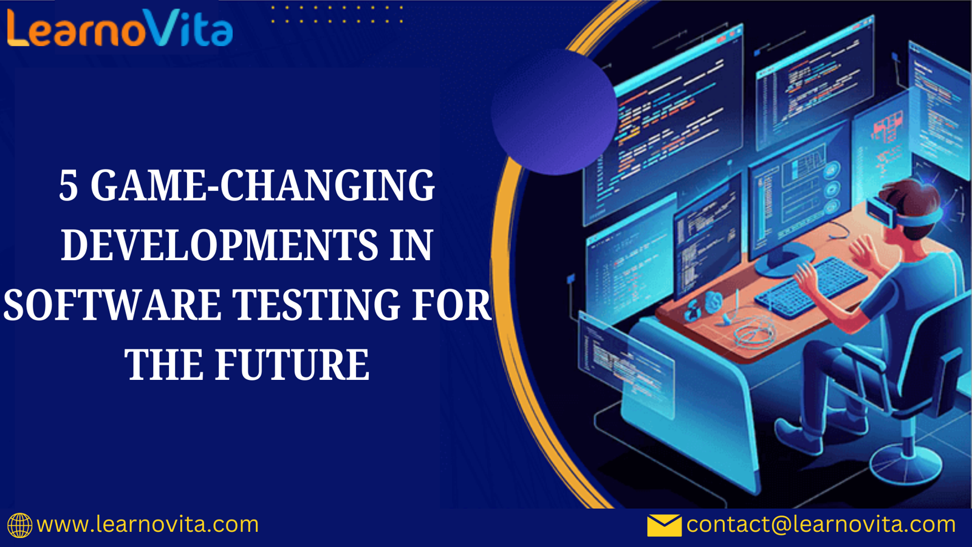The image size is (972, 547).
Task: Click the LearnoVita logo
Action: (x=120, y=28)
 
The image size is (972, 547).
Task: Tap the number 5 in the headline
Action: (x=69, y=186)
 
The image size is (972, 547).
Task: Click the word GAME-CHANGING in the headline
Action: (x=262, y=185)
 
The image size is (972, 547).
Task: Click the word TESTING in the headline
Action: (x=316, y=304)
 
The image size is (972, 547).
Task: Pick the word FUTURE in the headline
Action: (x=292, y=364)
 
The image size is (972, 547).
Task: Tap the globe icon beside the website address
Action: (x=19, y=525)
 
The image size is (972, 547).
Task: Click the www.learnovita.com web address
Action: (x=148, y=525)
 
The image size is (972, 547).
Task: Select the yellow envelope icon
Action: (x=665, y=525)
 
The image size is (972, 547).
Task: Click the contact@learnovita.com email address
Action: (x=821, y=525)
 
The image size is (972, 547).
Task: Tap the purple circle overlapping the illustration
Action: (x=554, y=112)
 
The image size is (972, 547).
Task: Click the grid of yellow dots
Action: (x=337, y=15)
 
